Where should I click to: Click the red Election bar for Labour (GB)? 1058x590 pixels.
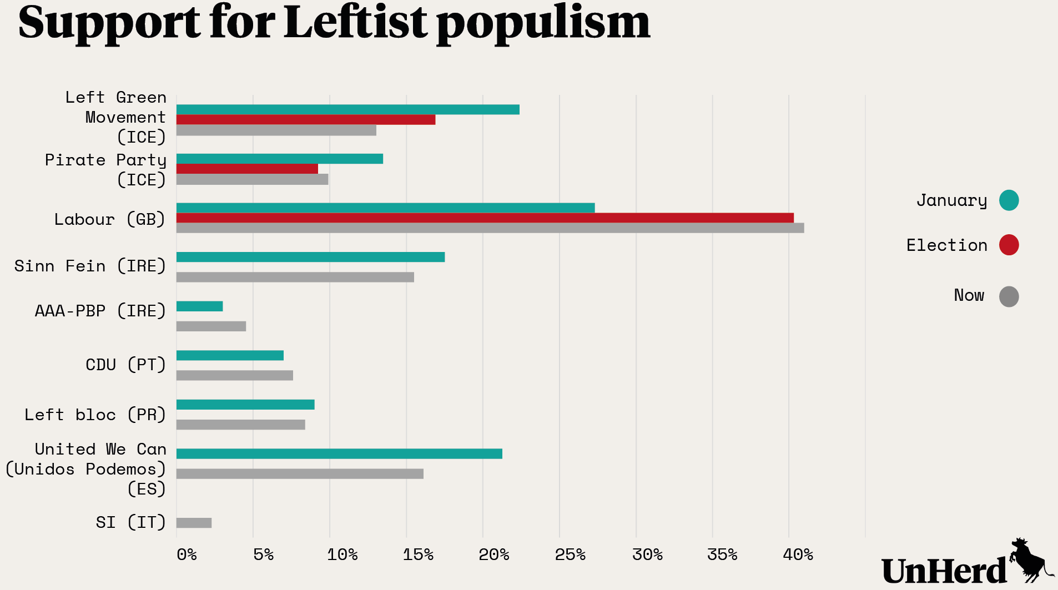485,218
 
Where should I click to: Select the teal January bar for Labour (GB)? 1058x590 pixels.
385,208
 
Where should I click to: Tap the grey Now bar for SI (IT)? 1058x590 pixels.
194,523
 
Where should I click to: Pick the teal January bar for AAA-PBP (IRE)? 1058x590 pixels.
199,306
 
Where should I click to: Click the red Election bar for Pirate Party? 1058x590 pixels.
247,169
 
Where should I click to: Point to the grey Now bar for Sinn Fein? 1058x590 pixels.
295,277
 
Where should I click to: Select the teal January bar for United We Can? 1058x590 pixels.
339,454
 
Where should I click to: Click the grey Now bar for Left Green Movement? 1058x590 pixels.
276,130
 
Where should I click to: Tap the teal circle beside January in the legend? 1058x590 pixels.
1009,200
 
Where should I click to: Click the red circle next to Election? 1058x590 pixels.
1009,245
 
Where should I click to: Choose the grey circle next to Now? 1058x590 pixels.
1009,296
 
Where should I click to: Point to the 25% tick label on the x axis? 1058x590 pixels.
570,554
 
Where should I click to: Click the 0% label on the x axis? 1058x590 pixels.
187,554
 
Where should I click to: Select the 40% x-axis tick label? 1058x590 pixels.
798,554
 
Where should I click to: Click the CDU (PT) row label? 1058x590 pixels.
125,365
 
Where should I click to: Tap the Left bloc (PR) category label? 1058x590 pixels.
95,415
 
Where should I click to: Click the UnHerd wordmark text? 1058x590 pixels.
944,571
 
